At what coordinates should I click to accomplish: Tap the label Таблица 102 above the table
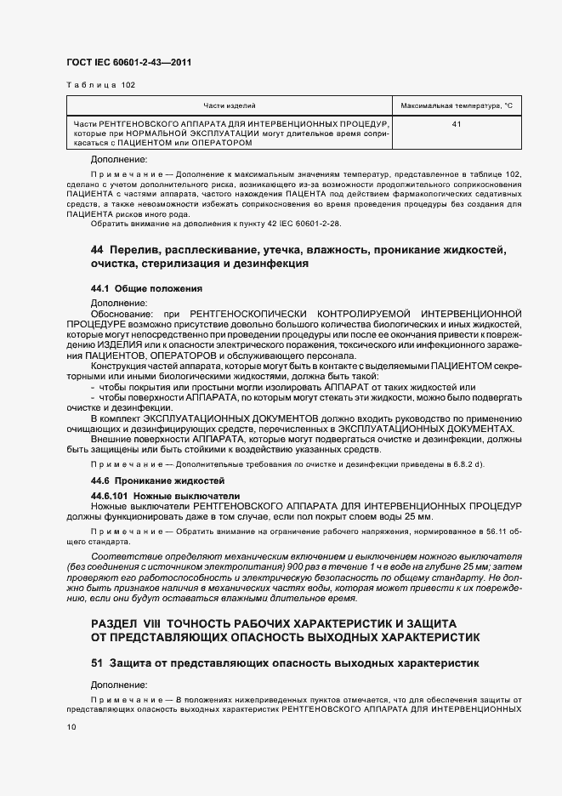pos(100,85)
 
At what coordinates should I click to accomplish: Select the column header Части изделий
pos(230,106)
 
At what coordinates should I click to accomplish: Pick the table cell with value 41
pos(457,125)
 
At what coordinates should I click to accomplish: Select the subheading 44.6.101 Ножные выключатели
pos(153,495)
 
